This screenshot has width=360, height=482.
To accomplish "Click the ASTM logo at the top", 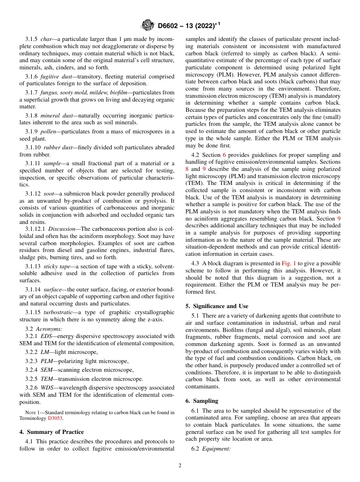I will (x=147, y=25).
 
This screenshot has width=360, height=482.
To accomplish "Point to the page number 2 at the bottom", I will (x=180, y=466).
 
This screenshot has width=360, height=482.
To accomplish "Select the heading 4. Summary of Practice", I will (x=52, y=432).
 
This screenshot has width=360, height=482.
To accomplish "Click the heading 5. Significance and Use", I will (x=217, y=306).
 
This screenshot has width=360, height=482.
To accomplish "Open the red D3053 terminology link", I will (x=55, y=418).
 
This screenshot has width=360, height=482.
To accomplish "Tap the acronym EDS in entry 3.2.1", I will (x=45, y=336).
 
